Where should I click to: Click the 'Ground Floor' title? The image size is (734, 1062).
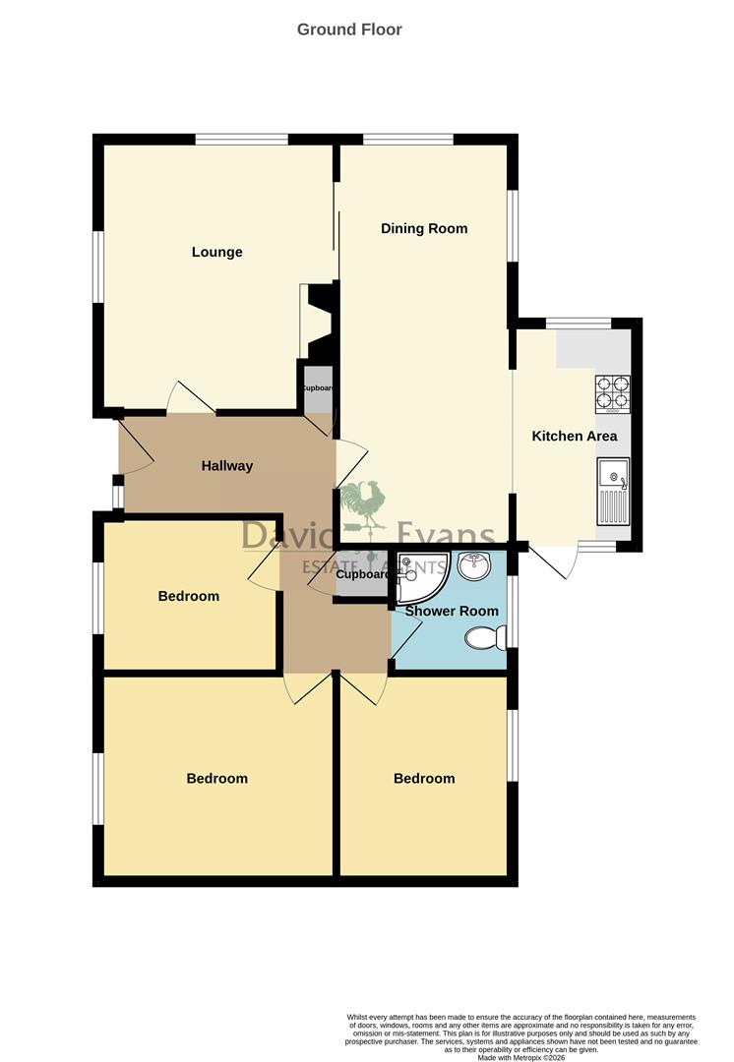[349, 29]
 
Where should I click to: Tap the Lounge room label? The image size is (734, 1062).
[216, 252]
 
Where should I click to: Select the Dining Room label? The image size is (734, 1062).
[424, 228]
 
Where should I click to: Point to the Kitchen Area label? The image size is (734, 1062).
[575, 436]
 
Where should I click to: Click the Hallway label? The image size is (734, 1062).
[227, 465]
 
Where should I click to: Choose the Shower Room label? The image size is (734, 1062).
[459, 611]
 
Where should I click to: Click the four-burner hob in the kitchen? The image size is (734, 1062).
[612, 393]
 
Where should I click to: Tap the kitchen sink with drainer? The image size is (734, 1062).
[612, 491]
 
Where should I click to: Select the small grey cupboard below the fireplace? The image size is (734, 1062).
[317, 387]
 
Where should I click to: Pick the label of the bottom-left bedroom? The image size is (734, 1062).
[216, 778]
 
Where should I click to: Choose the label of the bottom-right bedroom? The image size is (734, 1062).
[424, 778]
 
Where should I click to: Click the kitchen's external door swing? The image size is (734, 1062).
[551, 561]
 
